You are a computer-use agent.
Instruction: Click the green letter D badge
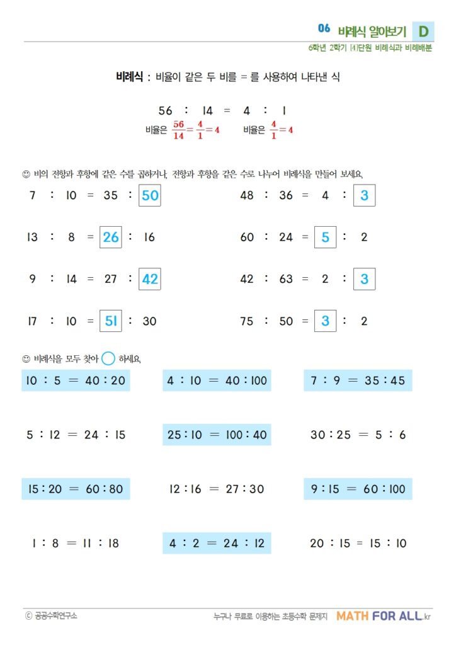click(423, 31)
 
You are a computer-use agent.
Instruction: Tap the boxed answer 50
click(150, 195)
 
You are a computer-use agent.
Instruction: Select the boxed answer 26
click(111, 237)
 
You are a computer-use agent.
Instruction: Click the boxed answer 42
click(150, 279)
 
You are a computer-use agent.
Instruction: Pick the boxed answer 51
click(111, 321)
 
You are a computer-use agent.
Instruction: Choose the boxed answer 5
click(325, 237)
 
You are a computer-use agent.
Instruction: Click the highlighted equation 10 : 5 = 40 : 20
click(76, 380)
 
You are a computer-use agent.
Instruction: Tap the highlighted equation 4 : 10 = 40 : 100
click(217, 380)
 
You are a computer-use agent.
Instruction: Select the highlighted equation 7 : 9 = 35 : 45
click(358, 380)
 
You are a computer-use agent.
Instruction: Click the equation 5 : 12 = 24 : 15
click(76, 435)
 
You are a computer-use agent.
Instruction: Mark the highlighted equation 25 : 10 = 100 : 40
click(217, 435)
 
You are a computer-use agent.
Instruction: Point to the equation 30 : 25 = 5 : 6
click(358, 435)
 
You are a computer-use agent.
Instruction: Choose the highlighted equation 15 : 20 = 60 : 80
click(76, 489)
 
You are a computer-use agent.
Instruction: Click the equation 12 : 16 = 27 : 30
click(217, 489)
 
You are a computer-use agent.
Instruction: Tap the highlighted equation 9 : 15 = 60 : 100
click(358, 489)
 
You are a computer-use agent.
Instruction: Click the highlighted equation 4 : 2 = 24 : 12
click(217, 543)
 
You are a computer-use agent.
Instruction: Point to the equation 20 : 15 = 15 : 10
click(358, 543)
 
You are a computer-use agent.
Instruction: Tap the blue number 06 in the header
click(324, 28)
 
